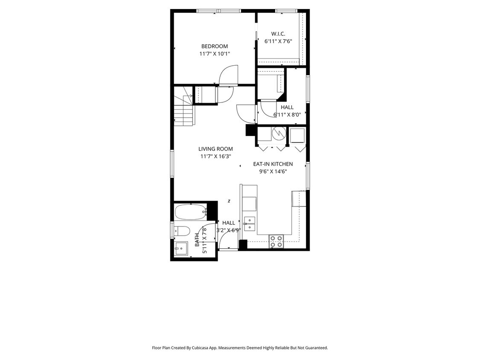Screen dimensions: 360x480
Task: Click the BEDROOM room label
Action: click(215, 46)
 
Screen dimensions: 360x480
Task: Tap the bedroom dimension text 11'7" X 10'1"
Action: click(215, 54)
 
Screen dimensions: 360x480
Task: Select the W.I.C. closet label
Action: click(278, 34)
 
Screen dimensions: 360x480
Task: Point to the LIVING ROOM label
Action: click(215, 149)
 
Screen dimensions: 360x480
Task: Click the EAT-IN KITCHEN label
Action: click(273, 164)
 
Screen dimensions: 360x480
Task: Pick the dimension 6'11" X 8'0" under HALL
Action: click(287, 114)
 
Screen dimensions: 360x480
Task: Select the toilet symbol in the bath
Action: click(182, 231)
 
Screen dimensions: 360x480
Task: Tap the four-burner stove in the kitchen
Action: click(276, 241)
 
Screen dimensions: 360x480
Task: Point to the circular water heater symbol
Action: click(279, 134)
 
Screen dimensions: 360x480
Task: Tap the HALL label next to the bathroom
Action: click(229, 223)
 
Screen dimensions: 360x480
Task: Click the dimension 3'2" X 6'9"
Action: click(229, 230)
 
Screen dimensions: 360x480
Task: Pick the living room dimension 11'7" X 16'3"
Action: click(215, 157)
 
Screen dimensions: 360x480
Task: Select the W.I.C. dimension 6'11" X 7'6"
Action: click(278, 41)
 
